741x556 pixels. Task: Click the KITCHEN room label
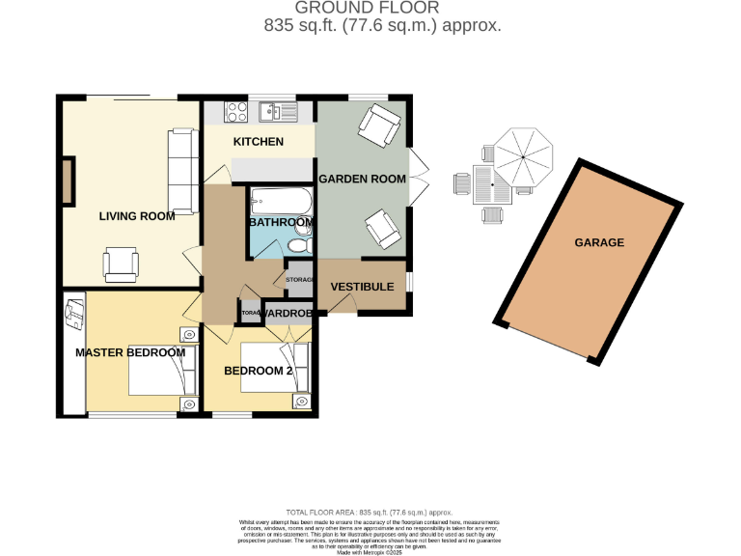click(259, 142)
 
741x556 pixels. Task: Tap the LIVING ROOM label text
click(137, 216)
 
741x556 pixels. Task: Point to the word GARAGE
click(599, 242)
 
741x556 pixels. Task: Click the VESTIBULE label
click(362, 287)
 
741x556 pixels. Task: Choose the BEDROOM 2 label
click(258, 371)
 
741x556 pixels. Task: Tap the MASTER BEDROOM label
click(130, 352)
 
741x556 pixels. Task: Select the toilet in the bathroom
click(298, 248)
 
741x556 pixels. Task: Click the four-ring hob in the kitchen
click(235, 112)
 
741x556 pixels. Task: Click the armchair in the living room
click(121, 264)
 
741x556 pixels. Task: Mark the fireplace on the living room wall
click(69, 181)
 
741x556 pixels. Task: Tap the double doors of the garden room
click(416, 178)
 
